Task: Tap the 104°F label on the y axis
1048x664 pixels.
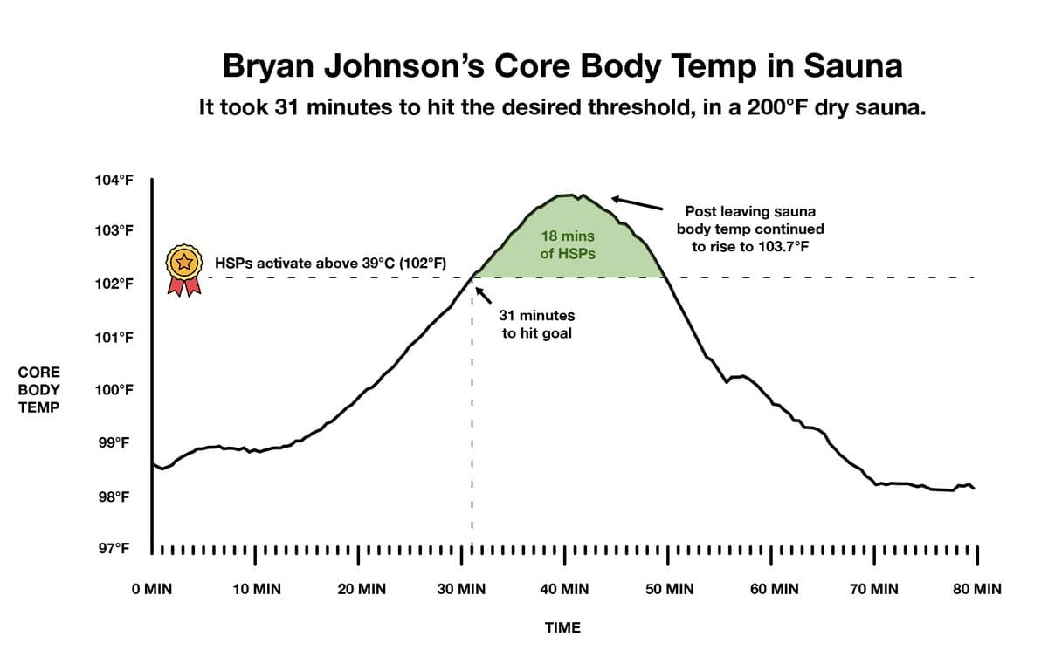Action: pyautogui.click(x=114, y=181)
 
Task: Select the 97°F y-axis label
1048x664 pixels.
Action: pyautogui.click(x=114, y=550)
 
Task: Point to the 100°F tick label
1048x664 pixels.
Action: pyautogui.click(x=114, y=390)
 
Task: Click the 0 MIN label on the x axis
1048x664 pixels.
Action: pyautogui.click(x=152, y=589)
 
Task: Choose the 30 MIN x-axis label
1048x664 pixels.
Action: pyautogui.click(x=461, y=589)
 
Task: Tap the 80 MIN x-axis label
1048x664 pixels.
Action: pyautogui.click(x=976, y=589)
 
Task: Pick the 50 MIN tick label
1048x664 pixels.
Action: pyautogui.click(x=669, y=589)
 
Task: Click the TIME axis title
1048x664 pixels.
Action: pyautogui.click(x=562, y=627)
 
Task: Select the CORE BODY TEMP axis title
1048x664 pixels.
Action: pyautogui.click(x=39, y=389)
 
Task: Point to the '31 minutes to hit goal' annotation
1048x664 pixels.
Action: pyautogui.click(x=536, y=324)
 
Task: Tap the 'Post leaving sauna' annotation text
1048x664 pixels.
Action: pyautogui.click(x=750, y=229)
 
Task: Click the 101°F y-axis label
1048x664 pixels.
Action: pyautogui.click(x=114, y=337)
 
